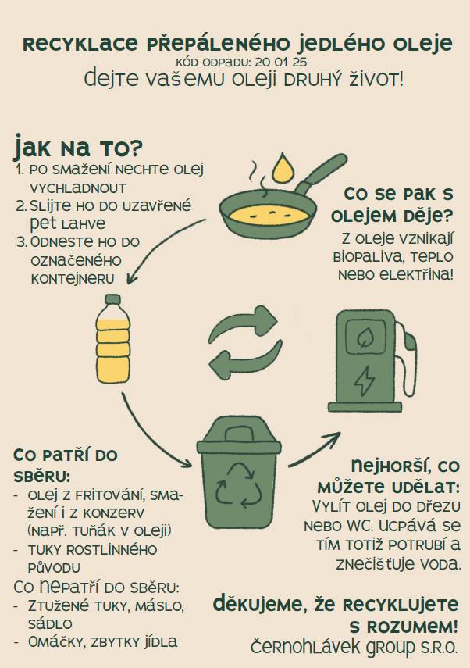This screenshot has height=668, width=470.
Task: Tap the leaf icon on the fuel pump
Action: [365, 338]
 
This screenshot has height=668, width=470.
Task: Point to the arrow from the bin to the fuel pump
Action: [313, 446]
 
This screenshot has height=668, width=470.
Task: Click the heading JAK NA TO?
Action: [78, 146]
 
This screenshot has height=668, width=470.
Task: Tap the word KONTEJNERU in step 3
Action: [72, 278]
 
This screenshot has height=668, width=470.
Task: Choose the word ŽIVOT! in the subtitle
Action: [370, 79]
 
